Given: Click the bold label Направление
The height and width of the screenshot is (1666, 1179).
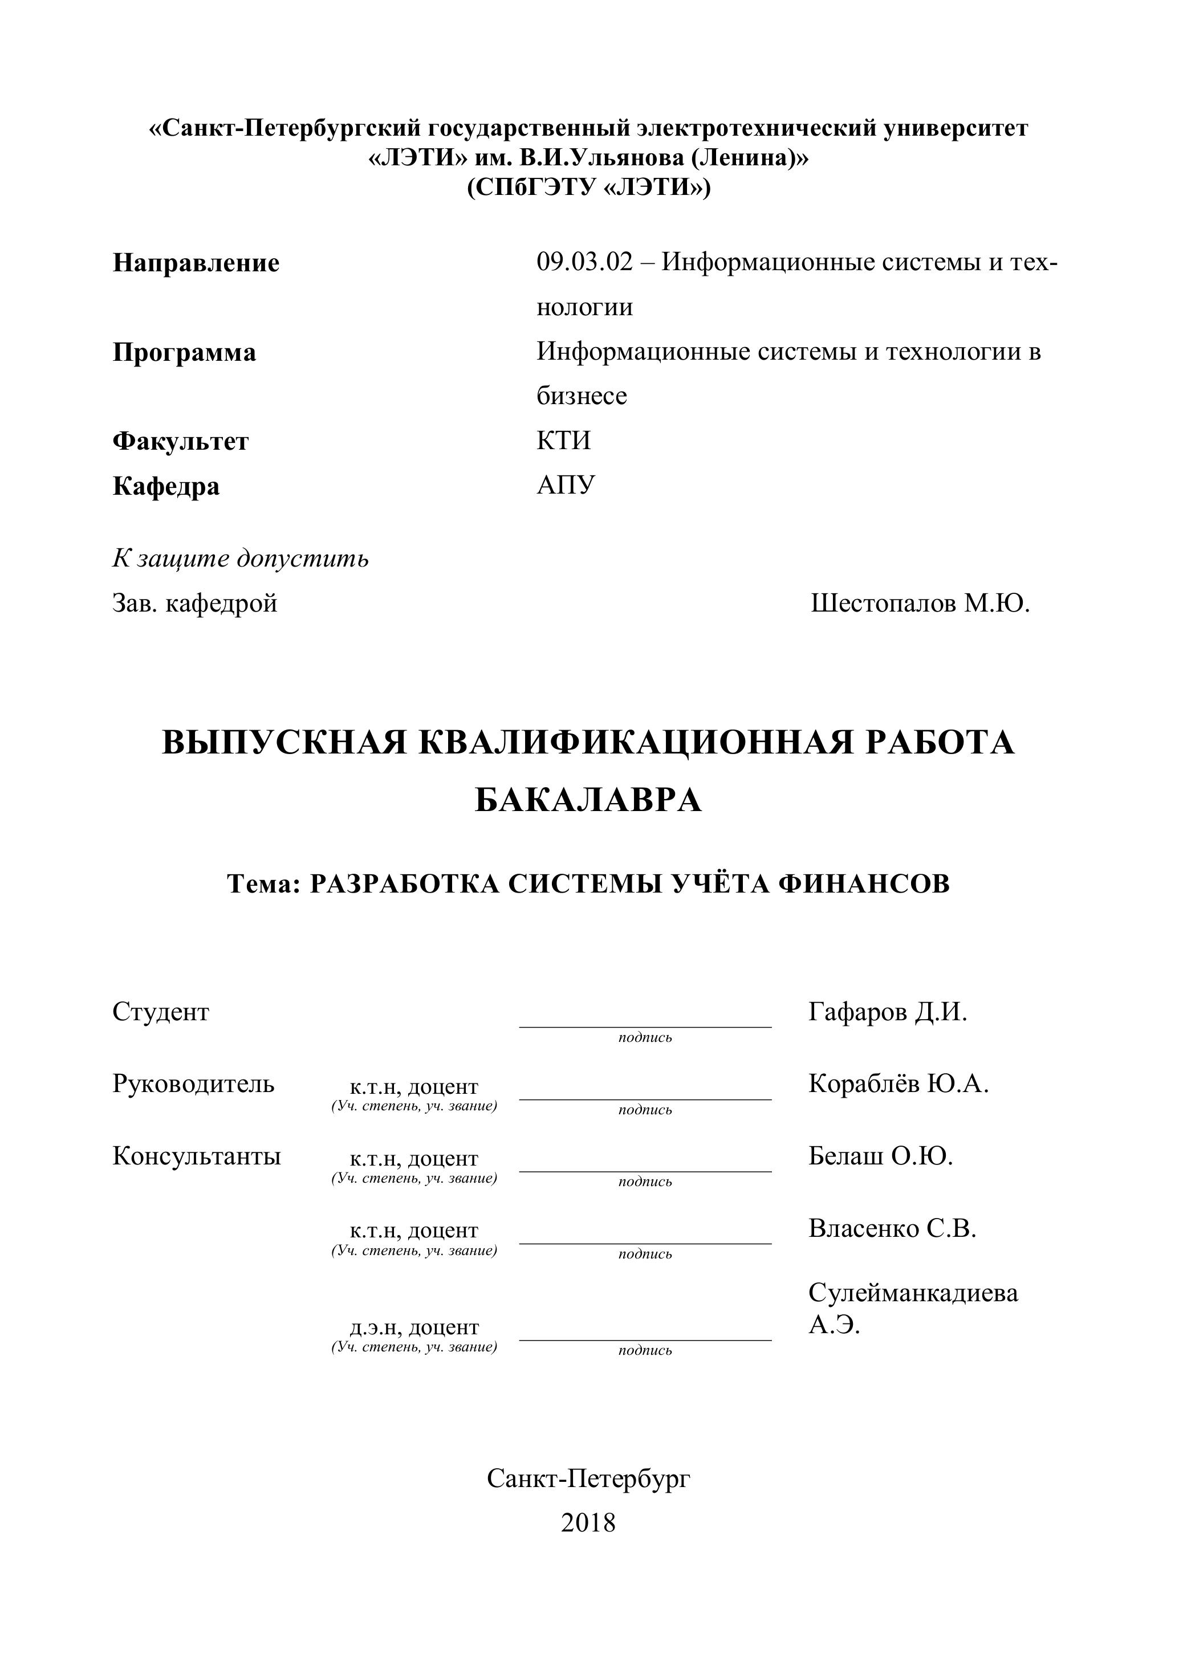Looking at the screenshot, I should point(196,263).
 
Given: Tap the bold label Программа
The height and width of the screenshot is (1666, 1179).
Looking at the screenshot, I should point(184,353).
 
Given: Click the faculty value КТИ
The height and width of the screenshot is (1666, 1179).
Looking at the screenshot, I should point(563,441).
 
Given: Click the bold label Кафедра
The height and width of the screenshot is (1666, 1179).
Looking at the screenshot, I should point(166,486).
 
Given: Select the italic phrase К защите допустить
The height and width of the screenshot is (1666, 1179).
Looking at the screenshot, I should point(240,558).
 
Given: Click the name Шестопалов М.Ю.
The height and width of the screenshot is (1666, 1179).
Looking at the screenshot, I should point(920,603).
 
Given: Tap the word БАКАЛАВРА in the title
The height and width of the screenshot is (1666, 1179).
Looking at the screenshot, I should point(588,801).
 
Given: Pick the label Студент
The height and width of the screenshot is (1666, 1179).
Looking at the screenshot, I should point(160,1012).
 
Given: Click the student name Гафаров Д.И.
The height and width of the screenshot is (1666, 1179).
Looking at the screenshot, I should point(887,1012).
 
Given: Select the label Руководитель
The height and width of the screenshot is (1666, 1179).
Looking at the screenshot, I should point(193,1084).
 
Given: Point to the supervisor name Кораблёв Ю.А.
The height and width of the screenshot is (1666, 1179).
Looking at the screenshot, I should point(898,1084).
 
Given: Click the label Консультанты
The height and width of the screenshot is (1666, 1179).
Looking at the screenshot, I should point(196,1156).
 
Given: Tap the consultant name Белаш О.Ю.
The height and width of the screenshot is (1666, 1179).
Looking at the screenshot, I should point(880,1156).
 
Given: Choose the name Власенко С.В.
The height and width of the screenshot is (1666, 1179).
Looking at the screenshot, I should point(892,1228).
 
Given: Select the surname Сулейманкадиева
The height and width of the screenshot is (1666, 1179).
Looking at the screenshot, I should point(913,1292).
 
